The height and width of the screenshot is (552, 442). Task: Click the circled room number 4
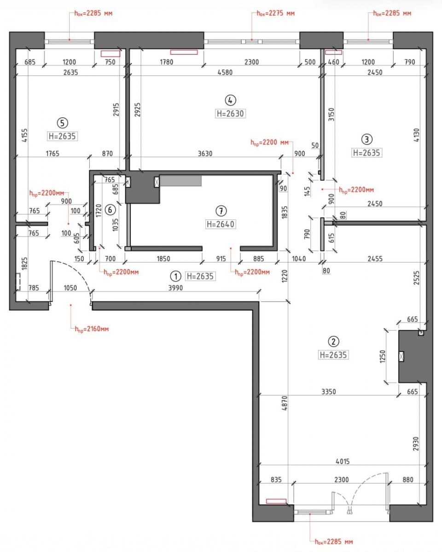[230, 100]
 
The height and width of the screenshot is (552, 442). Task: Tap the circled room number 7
[221, 211]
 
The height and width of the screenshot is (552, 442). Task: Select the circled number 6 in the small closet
[110, 210]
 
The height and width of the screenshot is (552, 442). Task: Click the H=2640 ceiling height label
[221, 224]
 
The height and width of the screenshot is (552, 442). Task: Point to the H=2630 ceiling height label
[230, 113]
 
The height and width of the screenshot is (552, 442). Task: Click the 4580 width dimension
[225, 72]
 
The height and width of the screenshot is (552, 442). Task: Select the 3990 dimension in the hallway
[175, 288]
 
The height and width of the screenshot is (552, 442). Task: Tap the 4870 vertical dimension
[285, 403]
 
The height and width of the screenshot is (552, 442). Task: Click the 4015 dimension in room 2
[343, 461]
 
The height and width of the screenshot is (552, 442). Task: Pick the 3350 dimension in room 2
[329, 391]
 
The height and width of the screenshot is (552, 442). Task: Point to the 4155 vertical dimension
[24, 135]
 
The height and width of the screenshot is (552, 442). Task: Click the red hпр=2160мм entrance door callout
[92, 329]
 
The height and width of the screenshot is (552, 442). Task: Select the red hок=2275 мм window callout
[276, 13]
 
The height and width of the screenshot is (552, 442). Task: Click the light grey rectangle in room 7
[181, 181]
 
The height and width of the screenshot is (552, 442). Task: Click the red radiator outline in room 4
[184, 52]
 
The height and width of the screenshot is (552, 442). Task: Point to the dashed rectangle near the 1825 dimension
[18, 282]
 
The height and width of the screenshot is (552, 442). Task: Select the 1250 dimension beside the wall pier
[383, 356]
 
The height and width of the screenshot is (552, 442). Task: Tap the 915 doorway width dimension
[221, 259]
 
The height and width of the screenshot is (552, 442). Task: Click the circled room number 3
[366, 139]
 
